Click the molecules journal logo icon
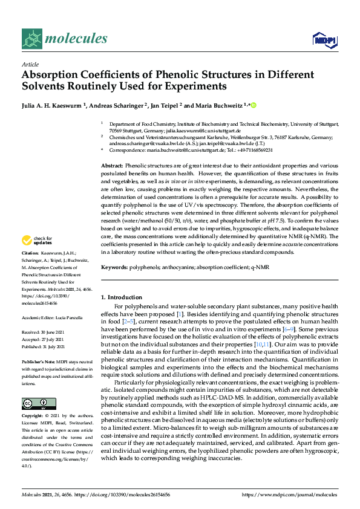pos(31,39)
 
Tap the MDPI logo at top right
pos(322,40)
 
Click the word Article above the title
pos(30,63)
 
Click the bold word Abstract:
pos(112,166)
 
